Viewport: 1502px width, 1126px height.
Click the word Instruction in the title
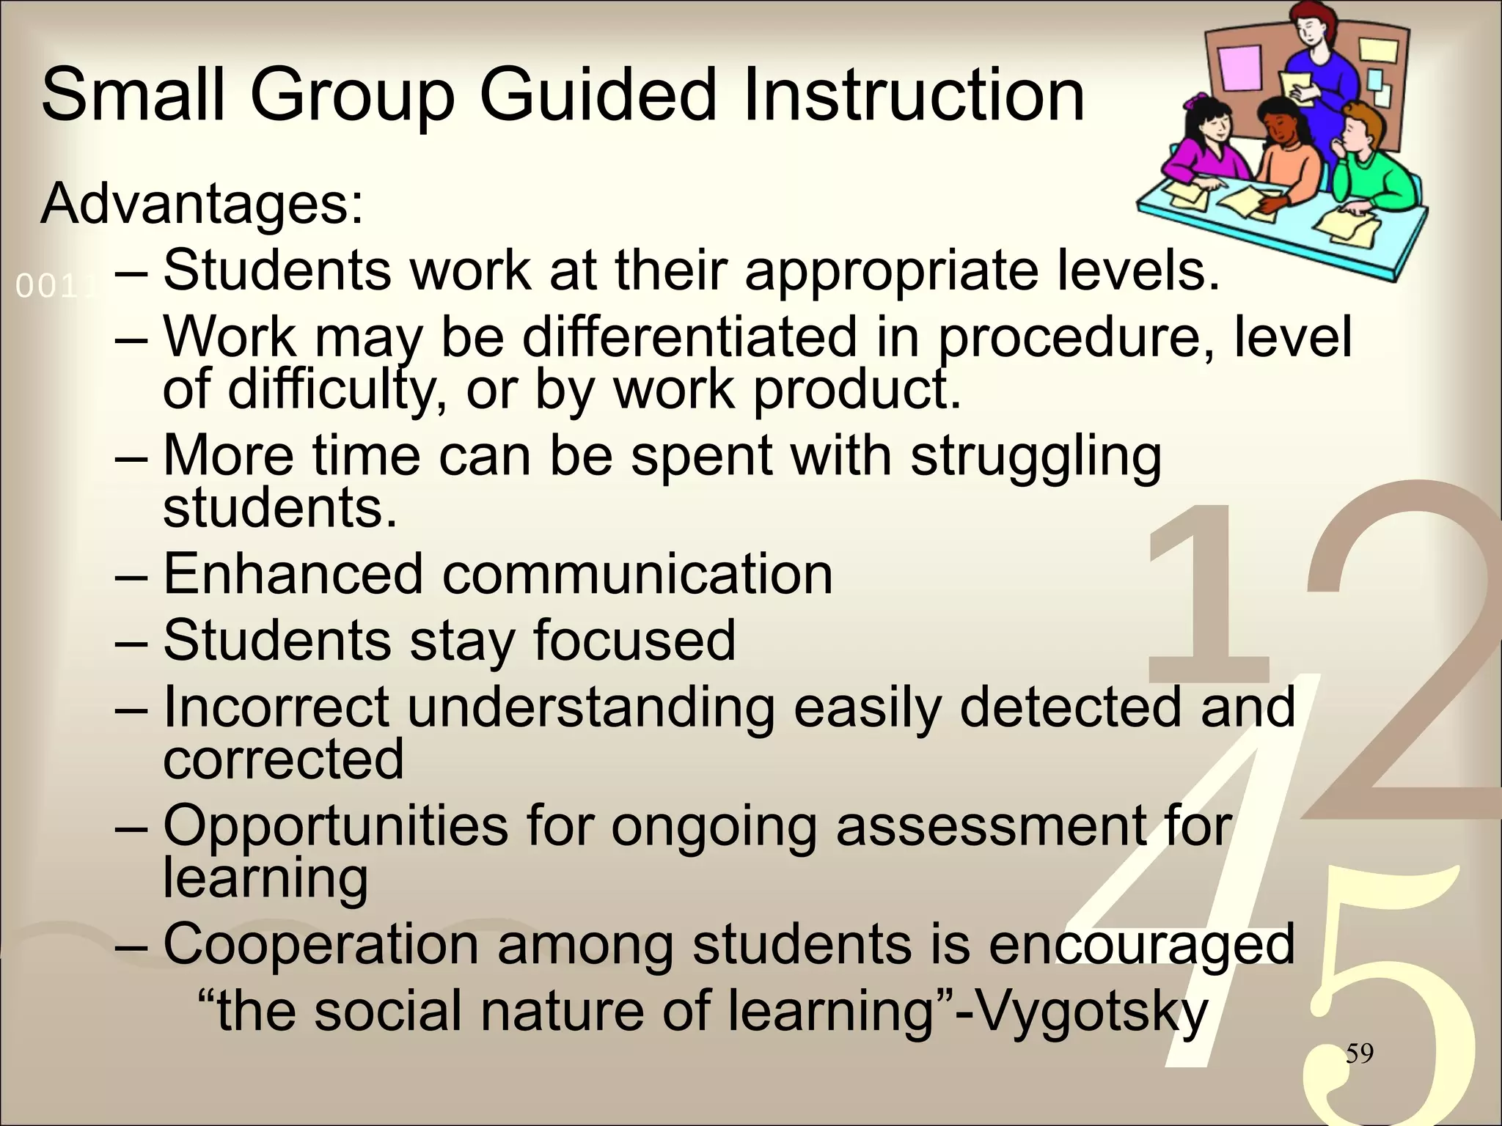tap(913, 95)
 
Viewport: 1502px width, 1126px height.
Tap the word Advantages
tap(202, 203)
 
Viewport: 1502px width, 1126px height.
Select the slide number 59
tap(1359, 1054)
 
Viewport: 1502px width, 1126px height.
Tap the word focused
tap(634, 640)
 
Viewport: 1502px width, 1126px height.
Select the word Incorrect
tap(276, 707)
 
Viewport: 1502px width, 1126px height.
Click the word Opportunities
tap(335, 826)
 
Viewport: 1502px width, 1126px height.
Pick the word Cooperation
tap(320, 944)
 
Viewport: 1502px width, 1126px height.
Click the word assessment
tap(990, 826)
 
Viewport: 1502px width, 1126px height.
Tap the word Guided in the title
tap(598, 95)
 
